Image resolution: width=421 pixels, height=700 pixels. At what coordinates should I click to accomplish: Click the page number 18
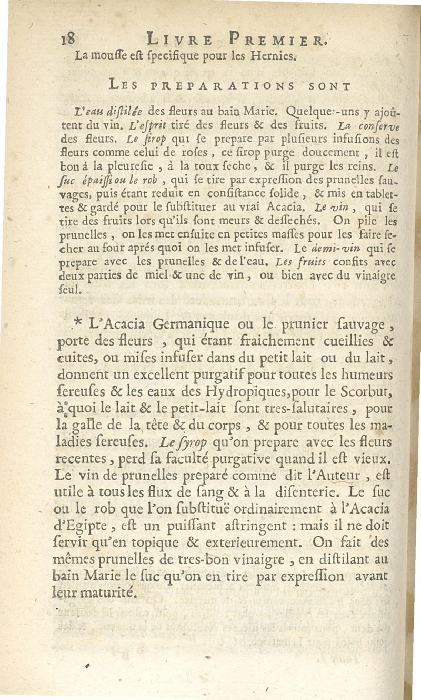pos(69,39)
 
